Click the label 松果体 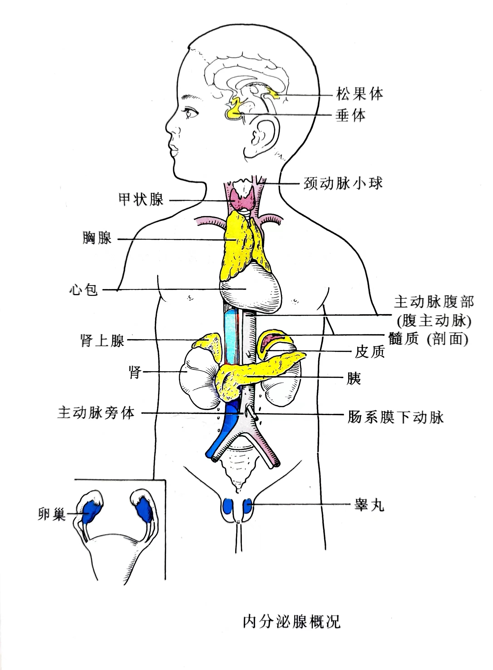[360, 94]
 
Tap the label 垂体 [350, 115]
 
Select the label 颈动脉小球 [343, 183]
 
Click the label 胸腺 [97, 238]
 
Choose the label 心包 [83, 289]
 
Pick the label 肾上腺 [102, 340]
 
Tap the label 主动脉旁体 [96, 413]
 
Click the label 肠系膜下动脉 [396, 417]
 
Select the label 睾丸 [369, 505]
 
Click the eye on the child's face [190, 113]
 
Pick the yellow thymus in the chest [239, 245]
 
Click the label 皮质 [370, 352]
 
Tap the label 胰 [354, 378]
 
